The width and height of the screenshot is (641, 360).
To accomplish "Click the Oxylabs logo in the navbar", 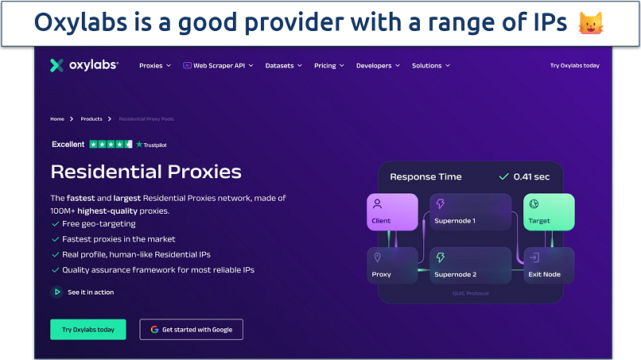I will coord(84,66).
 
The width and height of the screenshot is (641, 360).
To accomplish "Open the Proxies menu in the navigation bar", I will coord(154,66).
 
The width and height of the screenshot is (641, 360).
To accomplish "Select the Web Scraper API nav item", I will coord(218,66).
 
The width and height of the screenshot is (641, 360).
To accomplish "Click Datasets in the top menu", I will coord(282,66).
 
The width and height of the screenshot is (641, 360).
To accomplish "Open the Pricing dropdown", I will coord(328,66).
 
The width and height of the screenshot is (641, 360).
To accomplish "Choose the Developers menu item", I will coord(377,66).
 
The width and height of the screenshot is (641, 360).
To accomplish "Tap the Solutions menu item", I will coord(430,66).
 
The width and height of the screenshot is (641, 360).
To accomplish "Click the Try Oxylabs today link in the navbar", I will coord(574,66).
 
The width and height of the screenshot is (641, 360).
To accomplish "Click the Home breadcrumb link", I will coord(57,119).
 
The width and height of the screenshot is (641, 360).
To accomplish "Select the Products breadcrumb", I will coord(91,119).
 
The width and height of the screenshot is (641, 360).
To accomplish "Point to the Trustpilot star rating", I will coord(111,145).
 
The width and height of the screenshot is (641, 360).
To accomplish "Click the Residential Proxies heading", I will coord(146,172).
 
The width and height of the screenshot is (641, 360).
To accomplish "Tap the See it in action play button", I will coord(56,292).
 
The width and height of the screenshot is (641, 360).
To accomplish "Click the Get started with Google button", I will coord(191,329).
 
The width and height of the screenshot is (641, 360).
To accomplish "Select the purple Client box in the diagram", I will coord(393,211).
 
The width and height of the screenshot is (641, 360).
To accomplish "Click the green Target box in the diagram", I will coord(549,211).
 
